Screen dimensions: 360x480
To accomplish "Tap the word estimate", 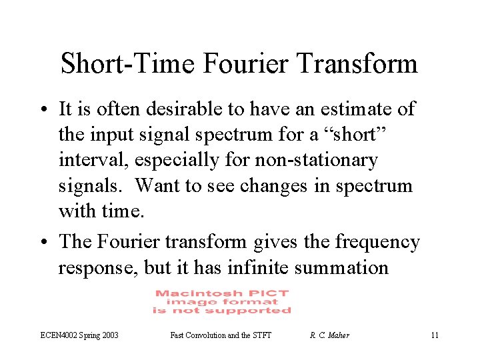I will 349,108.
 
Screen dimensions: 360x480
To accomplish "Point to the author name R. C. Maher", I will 329,335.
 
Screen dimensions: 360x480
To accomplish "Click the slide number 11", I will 435,335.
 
